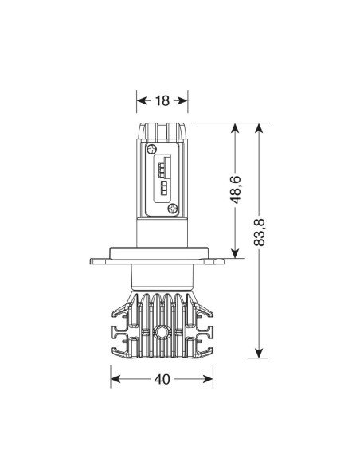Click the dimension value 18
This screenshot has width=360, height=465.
click(x=162, y=101)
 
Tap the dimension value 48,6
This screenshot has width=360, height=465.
click(x=236, y=190)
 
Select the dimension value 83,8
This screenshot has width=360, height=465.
click(x=260, y=232)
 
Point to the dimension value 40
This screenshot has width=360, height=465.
click(x=162, y=379)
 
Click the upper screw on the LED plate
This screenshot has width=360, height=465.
click(x=151, y=149)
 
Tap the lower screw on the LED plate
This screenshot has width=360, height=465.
click(x=173, y=208)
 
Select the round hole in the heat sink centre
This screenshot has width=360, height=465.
click(x=162, y=332)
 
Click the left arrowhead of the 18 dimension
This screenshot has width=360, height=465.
click(x=141, y=101)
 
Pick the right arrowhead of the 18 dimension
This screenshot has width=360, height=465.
click(x=183, y=101)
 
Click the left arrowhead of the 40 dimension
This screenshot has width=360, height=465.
click(x=115, y=379)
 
